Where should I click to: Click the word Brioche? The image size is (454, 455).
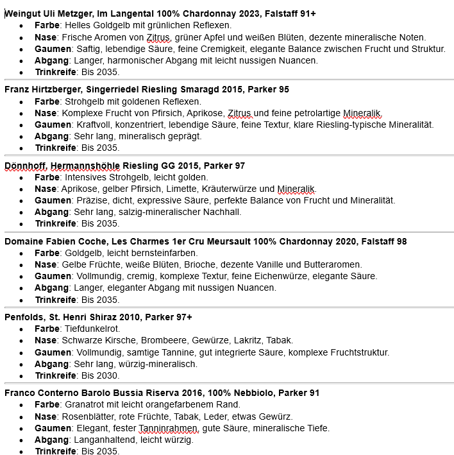tap(205, 264)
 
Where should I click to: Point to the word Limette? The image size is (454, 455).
tap(183, 189)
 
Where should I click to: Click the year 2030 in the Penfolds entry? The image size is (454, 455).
tap(108, 375)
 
